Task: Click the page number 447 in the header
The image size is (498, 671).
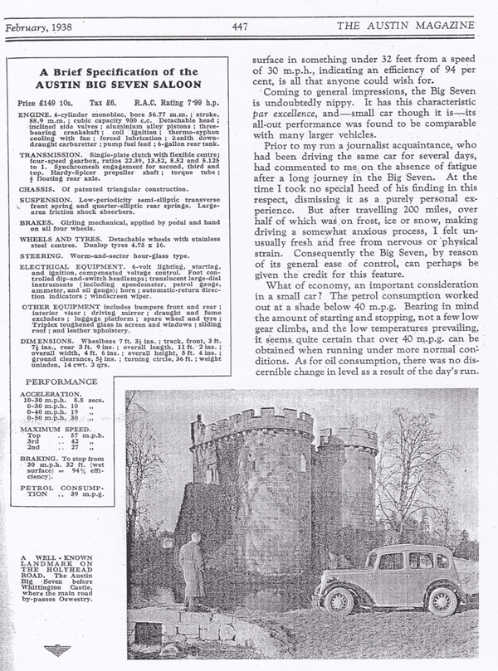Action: (x=241, y=26)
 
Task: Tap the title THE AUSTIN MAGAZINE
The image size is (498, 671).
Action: (x=412, y=26)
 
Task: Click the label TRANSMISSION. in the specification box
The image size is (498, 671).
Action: (x=48, y=154)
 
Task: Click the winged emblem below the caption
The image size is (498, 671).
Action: (x=59, y=650)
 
